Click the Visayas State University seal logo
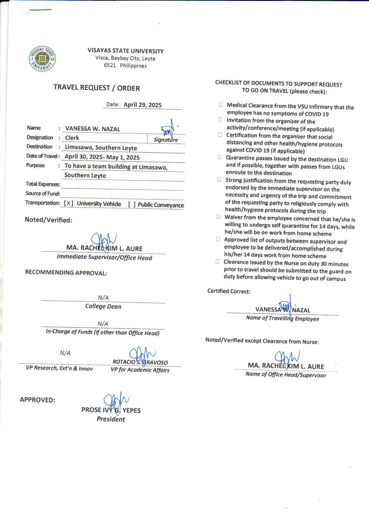42,59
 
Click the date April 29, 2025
143,105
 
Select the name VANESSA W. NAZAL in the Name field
93,129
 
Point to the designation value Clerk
72,138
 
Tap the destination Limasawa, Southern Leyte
101,148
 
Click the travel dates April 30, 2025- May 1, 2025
102,157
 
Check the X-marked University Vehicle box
69,203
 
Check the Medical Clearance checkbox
221,105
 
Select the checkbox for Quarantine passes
220,157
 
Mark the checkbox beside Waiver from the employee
218,217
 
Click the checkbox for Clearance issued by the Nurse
218,262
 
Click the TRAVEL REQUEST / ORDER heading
96,88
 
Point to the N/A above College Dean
103,298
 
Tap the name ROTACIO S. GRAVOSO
140,362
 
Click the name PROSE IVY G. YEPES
111,410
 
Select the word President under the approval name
111,419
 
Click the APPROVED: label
37,400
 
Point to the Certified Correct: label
229,291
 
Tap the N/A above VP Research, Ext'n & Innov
65,353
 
